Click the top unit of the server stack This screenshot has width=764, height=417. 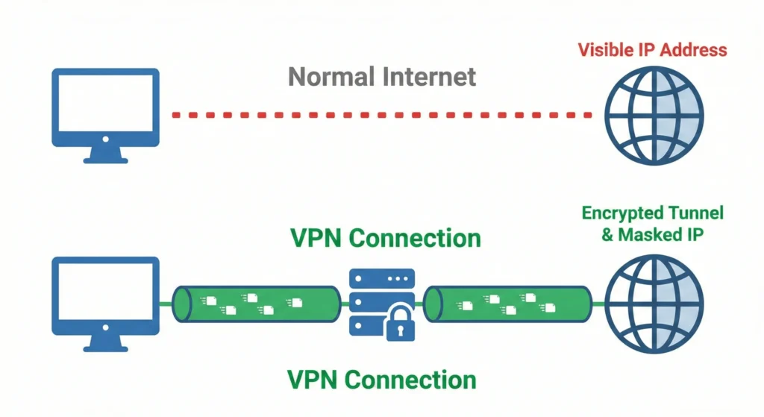click(381, 279)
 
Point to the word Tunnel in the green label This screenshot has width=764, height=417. click(697, 213)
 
